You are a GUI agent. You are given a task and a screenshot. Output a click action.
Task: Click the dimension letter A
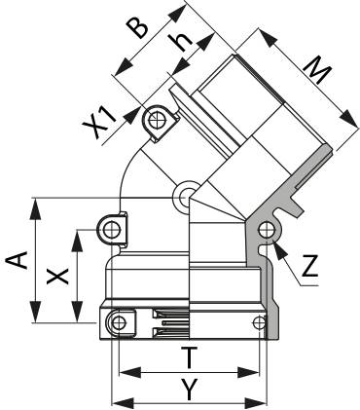pos(17,260)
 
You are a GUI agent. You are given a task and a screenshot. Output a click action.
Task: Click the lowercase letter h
pos(181,42)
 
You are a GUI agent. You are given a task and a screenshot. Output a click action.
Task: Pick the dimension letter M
pos(316,71)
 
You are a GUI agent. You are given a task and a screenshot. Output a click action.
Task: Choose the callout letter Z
pos(309,266)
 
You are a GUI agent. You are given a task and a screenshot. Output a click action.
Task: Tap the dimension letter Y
pos(189,390)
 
